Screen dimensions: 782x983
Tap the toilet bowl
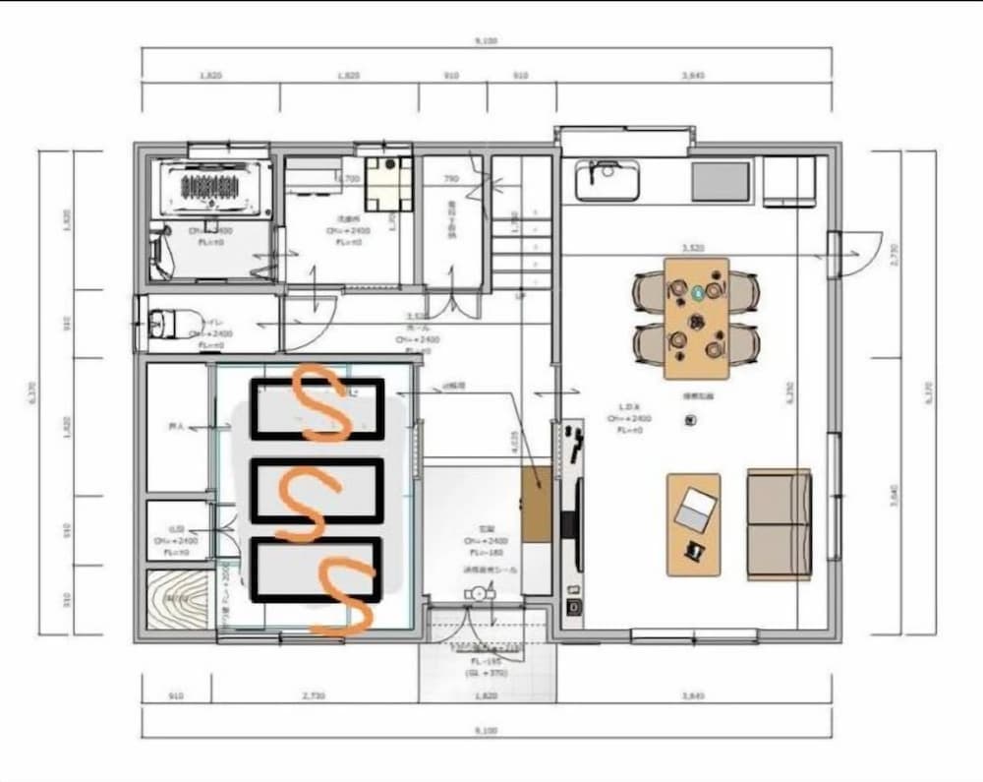pyautogui.click(x=161, y=322)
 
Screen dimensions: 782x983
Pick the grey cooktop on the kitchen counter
pyautogui.click(x=720, y=181)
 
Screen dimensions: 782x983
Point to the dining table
pyautogui.click(x=696, y=318)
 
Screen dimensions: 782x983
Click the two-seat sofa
pyautogui.click(x=779, y=523)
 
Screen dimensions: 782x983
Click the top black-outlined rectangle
pyautogui.click(x=317, y=408)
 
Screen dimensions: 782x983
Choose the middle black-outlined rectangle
pyautogui.click(x=317, y=490)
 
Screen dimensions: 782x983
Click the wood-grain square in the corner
pyautogui.click(x=178, y=600)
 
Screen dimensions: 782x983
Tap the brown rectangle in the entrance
pyautogui.click(x=537, y=505)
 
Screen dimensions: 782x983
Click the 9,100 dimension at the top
pyautogui.click(x=487, y=41)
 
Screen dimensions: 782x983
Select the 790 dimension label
pyautogui.click(x=451, y=179)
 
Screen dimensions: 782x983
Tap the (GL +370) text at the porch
pyautogui.click(x=487, y=673)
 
